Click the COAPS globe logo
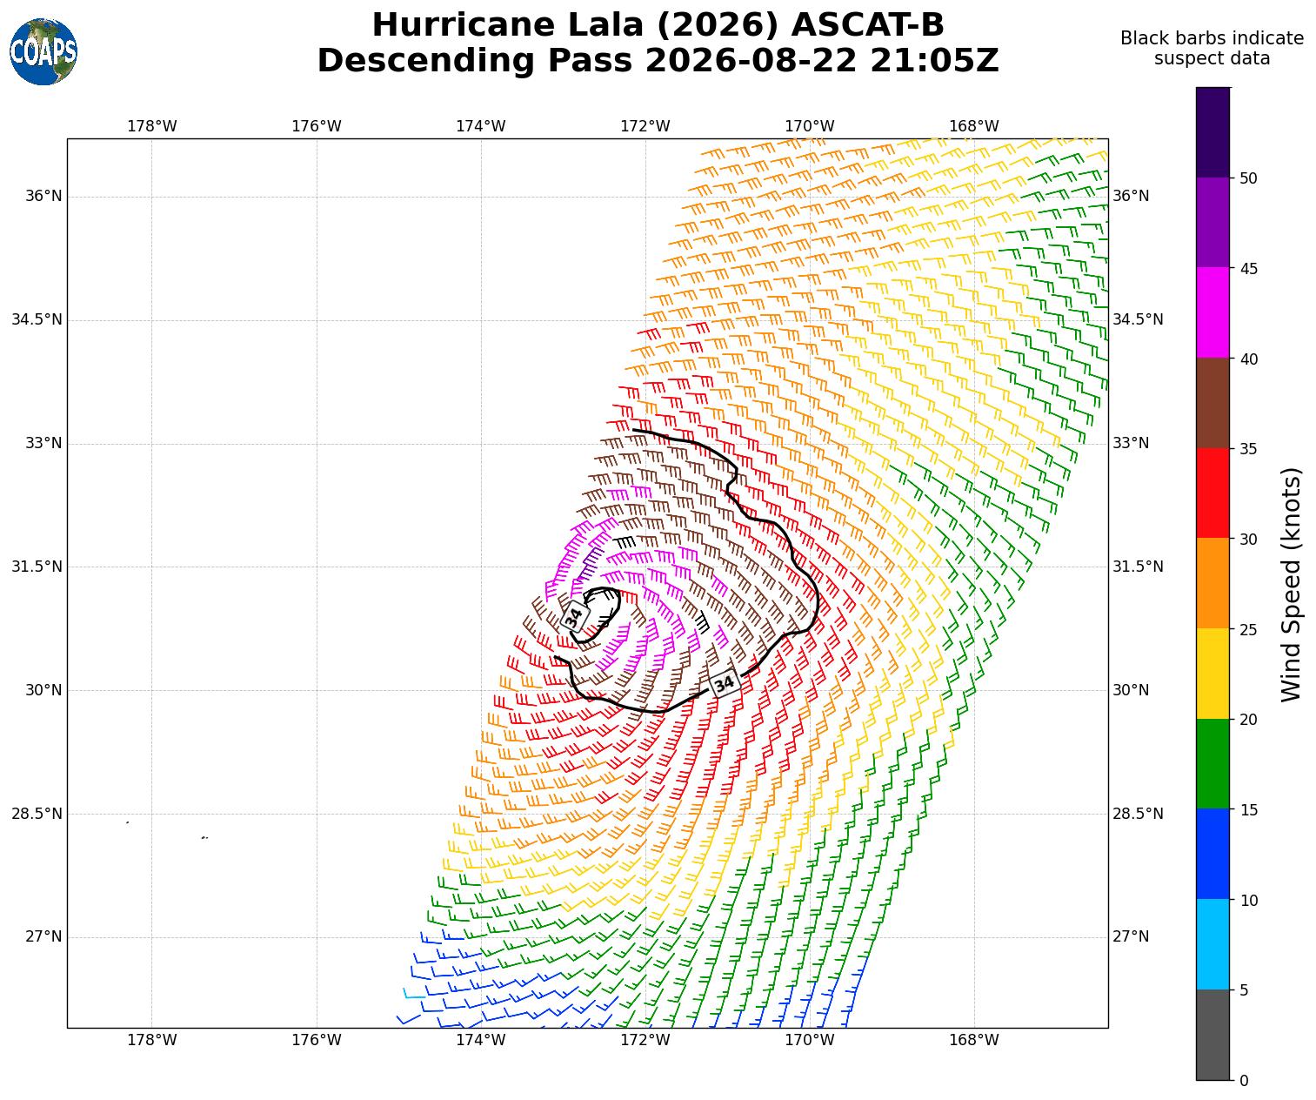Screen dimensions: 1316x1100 click(x=43, y=51)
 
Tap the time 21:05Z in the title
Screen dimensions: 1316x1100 click(x=934, y=61)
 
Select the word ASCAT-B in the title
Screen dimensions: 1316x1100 click(x=868, y=25)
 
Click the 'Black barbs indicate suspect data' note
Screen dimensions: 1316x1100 click(x=1212, y=49)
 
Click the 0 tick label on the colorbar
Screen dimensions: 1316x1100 click(x=1244, y=1081)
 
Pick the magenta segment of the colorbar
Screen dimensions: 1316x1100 click(x=1212, y=312)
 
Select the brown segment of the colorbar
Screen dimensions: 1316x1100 click(x=1212, y=403)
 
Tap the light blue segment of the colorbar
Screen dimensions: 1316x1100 click(x=1212, y=944)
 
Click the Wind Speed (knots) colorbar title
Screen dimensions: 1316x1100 click(x=1291, y=584)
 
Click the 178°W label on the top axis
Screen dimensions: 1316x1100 click(x=152, y=126)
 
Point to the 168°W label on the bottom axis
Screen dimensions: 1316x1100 click(x=974, y=1040)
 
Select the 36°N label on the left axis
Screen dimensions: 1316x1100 click(x=43, y=196)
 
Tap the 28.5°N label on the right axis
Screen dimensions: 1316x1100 click(x=1138, y=814)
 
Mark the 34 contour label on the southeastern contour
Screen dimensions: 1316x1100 click(x=724, y=683)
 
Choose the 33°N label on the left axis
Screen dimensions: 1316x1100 click(x=43, y=443)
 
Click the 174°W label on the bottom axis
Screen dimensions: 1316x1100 click(x=481, y=1040)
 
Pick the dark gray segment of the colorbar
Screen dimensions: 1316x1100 click(x=1212, y=1035)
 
